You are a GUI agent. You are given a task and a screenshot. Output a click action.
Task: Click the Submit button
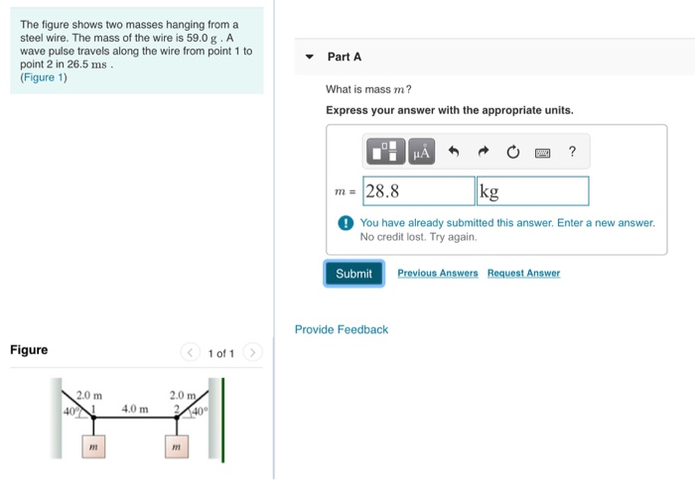(353, 274)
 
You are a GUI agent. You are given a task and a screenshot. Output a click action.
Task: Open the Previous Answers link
(437, 273)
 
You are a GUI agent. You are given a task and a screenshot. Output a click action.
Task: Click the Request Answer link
(523, 273)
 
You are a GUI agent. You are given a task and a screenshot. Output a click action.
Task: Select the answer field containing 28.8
(418, 191)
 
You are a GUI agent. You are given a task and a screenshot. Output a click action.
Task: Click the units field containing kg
(532, 191)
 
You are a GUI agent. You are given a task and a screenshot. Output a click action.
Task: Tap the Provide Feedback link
(342, 329)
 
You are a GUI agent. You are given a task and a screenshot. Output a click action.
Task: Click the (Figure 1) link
(44, 78)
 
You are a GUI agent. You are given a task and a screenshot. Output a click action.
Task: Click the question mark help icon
(572, 152)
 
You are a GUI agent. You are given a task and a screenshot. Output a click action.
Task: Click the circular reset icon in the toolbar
(512, 152)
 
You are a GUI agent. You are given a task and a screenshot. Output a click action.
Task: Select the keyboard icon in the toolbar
(542, 153)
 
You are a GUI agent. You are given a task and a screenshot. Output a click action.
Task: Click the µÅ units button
(422, 152)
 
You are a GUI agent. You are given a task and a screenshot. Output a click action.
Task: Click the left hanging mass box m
(93, 448)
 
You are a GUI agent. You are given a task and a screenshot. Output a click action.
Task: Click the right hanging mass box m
(175, 448)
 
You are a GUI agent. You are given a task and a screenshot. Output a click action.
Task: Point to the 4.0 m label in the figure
(135, 408)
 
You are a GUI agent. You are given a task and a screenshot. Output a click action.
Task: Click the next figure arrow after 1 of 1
(252, 353)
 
